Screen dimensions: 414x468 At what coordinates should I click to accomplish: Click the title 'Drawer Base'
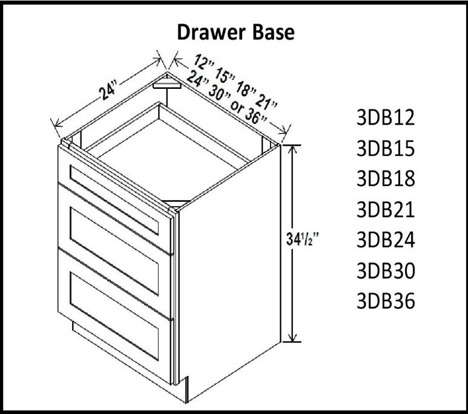236,32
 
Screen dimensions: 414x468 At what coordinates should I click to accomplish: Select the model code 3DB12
386,117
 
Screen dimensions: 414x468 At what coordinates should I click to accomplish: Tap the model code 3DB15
386,148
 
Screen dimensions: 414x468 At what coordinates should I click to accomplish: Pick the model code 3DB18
386,179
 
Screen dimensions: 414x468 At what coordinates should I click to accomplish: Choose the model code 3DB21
386,209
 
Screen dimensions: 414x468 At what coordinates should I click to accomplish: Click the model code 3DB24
386,240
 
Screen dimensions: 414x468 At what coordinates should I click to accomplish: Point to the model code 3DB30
386,271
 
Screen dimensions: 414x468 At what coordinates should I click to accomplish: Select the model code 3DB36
386,301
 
